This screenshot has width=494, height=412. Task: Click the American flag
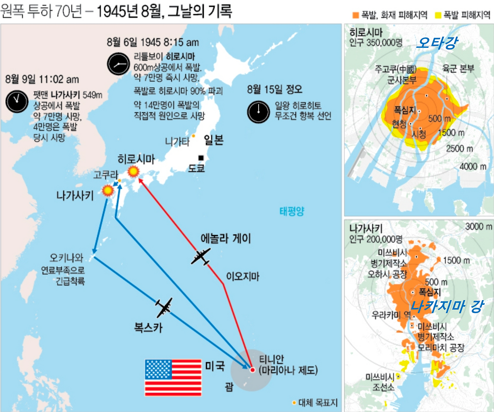[x=173, y=378]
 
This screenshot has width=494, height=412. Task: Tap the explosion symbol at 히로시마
[x=134, y=171]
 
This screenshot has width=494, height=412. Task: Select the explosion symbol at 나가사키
[x=108, y=190]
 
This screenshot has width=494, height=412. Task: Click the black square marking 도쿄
[x=201, y=158]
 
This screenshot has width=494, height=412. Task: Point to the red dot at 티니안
[x=252, y=370]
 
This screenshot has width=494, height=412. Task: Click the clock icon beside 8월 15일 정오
[x=258, y=112]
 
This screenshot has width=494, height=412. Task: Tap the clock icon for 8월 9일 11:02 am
[x=17, y=101]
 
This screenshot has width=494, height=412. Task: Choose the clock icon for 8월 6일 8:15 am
[x=118, y=64]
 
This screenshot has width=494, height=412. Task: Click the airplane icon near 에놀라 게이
[x=201, y=257]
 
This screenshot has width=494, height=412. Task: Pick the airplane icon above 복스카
[x=164, y=307]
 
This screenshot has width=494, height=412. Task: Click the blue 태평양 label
[x=292, y=211]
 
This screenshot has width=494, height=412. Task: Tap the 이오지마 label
[x=242, y=276]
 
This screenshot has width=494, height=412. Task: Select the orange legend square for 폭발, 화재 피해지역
[x=355, y=15]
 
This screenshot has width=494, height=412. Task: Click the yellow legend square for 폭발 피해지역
[x=438, y=15]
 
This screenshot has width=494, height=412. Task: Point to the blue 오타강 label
[x=437, y=42]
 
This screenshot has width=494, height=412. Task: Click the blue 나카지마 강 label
[x=447, y=306]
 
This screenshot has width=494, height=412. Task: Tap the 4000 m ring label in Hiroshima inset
[x=473, y=166]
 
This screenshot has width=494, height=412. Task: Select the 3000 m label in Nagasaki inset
[x=479, y=226]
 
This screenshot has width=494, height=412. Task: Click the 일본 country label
[x=213, y=140]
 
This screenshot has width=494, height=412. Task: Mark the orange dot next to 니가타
[x=193, y=136]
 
